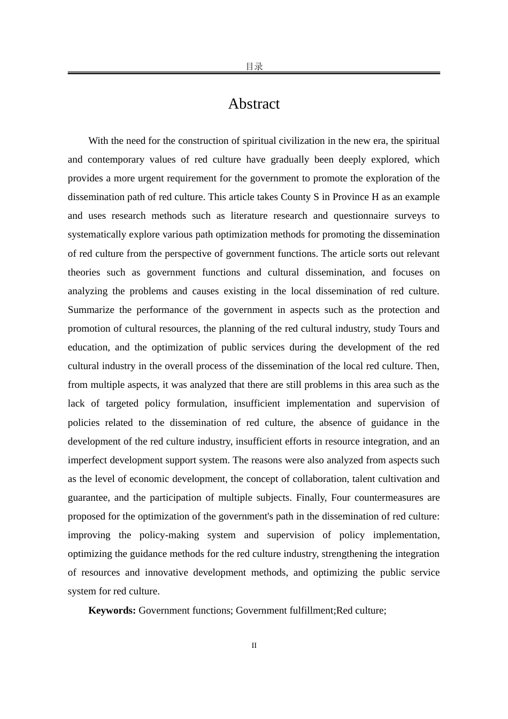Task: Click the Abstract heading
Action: [253, 104]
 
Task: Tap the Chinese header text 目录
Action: [254, 67]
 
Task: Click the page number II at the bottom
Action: [254, 646]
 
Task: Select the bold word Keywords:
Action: [112, 610]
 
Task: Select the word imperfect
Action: [87, 460]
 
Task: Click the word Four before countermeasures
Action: [341, 498]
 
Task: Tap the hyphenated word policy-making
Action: [169, 535]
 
